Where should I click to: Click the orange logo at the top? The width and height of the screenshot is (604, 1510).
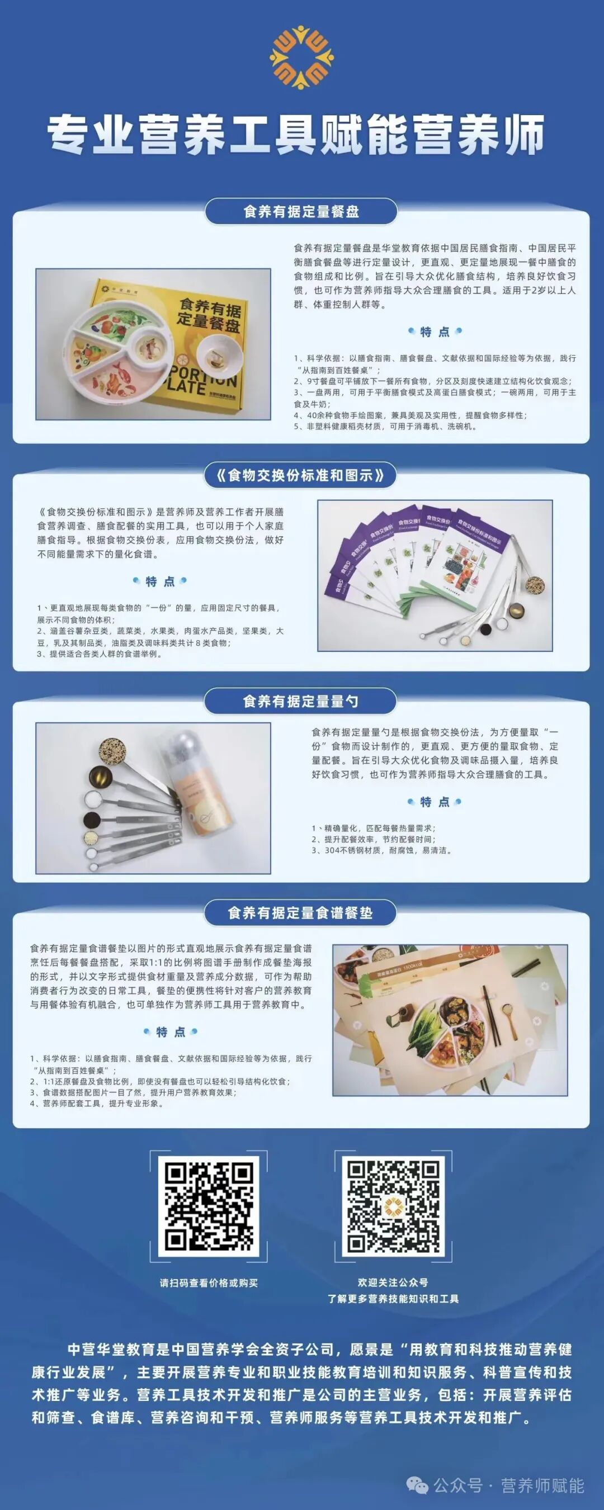(x=301, y=57)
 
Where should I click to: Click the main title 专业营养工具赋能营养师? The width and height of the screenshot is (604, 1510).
(x=296, y=135)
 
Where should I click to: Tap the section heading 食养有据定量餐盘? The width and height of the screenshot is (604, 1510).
(x=301, y=212)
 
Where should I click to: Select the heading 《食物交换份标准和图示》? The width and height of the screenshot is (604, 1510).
(x=300, y=475)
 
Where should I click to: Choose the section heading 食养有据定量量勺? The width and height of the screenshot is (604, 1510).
(x=300, y=701)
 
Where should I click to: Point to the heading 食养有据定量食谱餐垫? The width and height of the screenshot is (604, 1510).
(x=300, y=913)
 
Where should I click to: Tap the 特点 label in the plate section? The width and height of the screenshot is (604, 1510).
(x=435, y=332)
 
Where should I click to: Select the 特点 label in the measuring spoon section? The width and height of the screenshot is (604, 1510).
(x=435, y=802)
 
